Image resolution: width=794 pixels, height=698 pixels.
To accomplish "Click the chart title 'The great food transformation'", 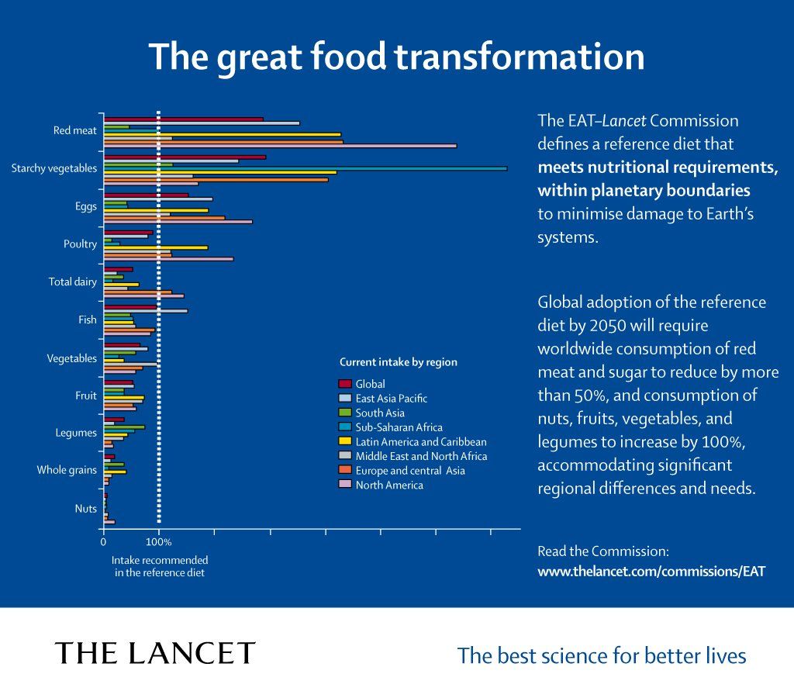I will (396, 57).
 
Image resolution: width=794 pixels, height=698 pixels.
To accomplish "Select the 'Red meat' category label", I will (74, 130).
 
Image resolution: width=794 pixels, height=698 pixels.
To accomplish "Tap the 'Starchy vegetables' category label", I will (54, 168).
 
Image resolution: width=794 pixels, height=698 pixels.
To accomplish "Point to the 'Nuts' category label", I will (85, 509).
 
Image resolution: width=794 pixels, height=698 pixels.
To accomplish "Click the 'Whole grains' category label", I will (67, 470).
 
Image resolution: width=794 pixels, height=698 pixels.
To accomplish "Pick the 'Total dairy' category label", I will (72, 282).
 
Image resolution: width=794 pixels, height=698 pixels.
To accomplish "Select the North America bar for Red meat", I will (280, 146).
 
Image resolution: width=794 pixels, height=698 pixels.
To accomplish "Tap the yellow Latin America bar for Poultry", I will (156, 247).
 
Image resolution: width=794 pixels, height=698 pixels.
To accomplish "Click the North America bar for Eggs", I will (178, 222).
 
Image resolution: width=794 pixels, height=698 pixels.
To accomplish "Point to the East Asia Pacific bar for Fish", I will (145, 311).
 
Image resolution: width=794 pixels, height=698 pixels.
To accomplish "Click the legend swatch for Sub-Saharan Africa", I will (345, 427).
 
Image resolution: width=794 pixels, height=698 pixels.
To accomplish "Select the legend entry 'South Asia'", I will (380, 413).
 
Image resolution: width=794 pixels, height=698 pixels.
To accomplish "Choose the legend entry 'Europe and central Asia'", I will (409, 471).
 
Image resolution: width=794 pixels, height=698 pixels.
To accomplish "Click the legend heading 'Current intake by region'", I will (399, 362).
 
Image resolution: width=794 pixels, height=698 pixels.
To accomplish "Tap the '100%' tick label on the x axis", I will (159, 542).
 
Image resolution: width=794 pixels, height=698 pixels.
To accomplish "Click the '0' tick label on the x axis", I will (104, 542).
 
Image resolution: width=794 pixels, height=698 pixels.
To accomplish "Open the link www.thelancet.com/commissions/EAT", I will (651, 572).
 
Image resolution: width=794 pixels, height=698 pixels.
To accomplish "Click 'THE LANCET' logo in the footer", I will (155, 653).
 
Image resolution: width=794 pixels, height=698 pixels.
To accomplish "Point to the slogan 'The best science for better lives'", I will (602, 656).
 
